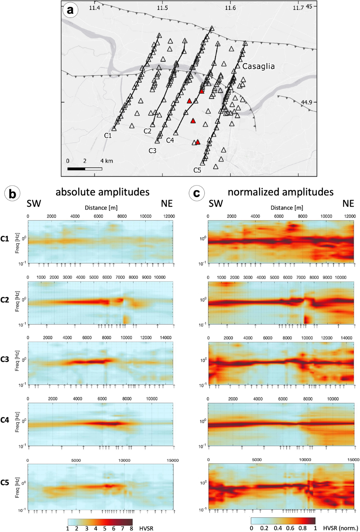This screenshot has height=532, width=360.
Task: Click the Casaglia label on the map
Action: click(x=258, y=66)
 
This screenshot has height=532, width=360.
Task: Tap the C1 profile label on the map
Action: click(x=108, y=135)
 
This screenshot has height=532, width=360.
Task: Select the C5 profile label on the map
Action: click(x=197, y=170)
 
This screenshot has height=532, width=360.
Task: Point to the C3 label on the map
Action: click(x=152, y=150)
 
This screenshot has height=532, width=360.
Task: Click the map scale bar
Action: click(x=85, y=169)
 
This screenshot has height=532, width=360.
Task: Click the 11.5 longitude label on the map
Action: click(x=162, y=8)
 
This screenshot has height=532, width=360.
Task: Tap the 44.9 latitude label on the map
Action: click(x=306, y=103)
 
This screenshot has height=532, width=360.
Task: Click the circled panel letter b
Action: click(x=12, y=194)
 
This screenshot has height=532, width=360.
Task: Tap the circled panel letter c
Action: click(x=196, y=193)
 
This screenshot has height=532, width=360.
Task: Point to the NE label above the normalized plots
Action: click(x=348, y=204)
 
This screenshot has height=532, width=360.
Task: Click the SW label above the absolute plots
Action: click(x=34, y=204)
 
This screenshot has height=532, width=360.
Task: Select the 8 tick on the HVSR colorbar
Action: click(x=131, y=528)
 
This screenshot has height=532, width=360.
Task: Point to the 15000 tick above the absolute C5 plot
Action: click(x=172, y=460)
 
